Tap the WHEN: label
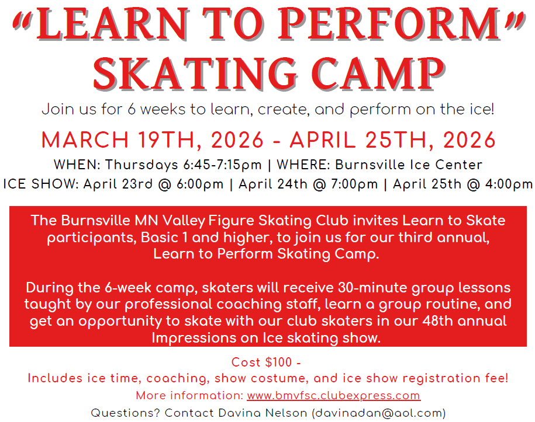[77, 164]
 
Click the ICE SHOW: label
[40, 184]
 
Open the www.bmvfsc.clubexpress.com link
[333, 396]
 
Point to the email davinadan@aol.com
[379, 413]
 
